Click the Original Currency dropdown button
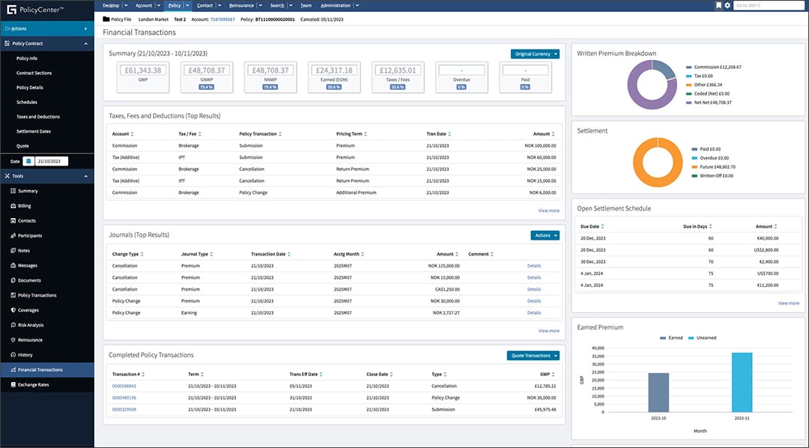(535, 54)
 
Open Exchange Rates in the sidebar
(34, 384)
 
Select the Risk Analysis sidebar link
(31, 325)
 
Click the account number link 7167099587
(222, 19)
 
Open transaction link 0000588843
(124, 386)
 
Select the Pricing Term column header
(351, 134)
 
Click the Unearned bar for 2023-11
(742, 382)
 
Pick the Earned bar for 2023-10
(658, 393)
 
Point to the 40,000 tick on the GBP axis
(598, 348)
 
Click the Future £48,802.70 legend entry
(718, 166)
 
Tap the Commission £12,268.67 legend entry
(717, 67)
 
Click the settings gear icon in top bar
(727, 5)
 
